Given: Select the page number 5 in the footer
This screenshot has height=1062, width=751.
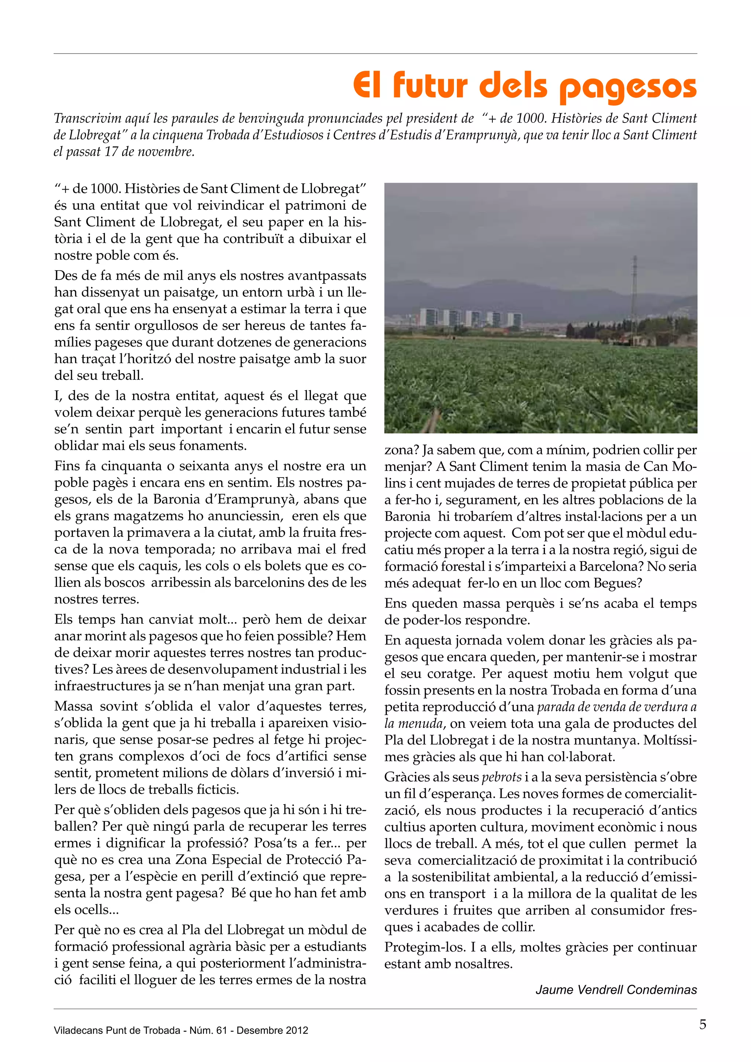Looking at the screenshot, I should [x=703, y=1025].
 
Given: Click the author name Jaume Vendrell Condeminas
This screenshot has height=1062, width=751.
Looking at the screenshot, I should [x=616, y=990].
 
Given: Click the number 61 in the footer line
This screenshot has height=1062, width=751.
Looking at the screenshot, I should [x=221, y=1030].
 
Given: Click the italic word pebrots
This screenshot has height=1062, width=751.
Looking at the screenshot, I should [x=501, y=777].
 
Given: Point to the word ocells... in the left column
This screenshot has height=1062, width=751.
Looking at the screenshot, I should [x=87, y=910].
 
